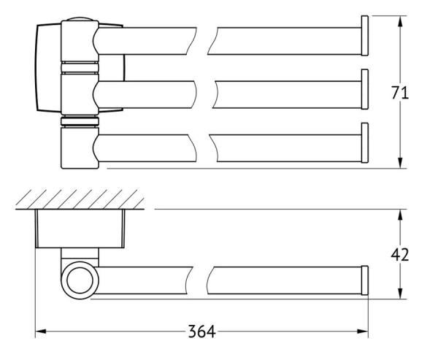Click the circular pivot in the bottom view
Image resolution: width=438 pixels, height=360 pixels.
tap(78, 280)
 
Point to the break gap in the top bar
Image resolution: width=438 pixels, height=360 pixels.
tap(202, 42)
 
